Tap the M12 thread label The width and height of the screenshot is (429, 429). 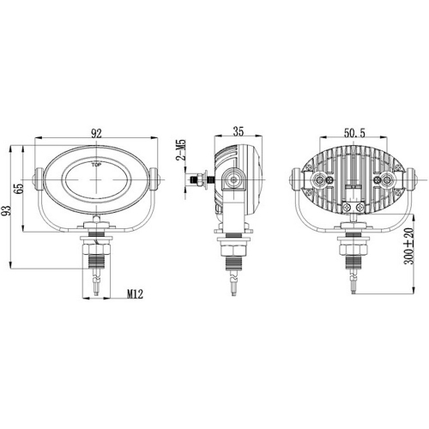134,295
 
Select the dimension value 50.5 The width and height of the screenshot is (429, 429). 354,134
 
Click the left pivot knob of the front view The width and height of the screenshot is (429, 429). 38,182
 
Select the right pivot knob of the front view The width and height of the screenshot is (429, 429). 154,181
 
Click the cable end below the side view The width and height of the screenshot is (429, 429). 233,287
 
